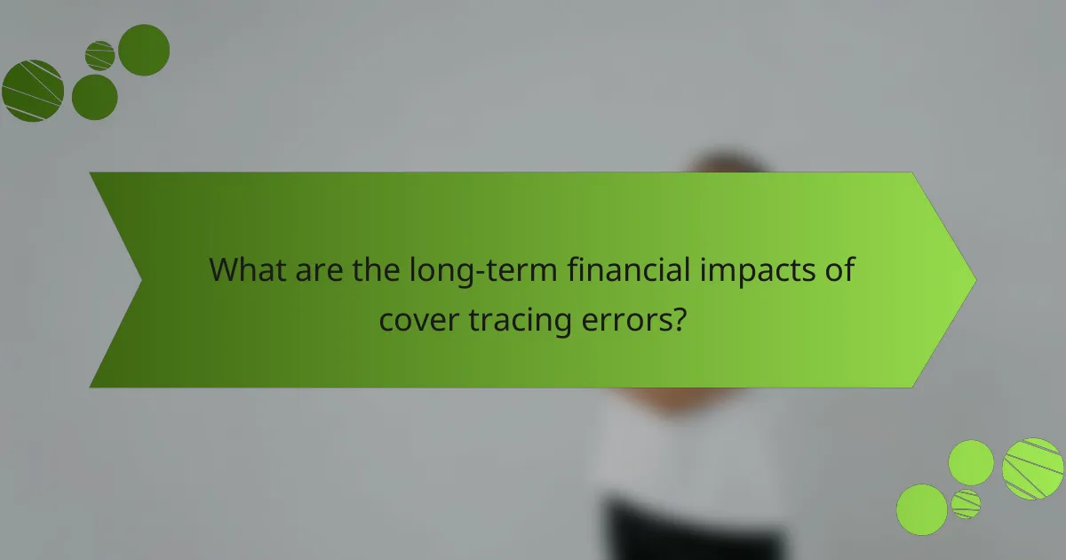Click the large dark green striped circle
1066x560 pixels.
(x=33, y=91)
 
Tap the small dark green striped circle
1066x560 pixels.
(x=100, y=55)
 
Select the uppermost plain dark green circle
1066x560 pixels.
(x=144, y=50)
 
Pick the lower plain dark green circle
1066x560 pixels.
(x=94, y=97)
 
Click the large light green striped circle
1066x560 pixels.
(x=1033, y=468)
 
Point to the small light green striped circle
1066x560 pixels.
(x=966, y=504)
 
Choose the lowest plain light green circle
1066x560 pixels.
(x=921, y=509)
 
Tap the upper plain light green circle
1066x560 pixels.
(x=971, y=462)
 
